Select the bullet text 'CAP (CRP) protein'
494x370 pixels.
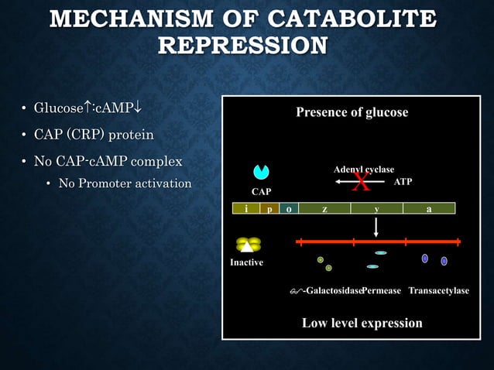[93, 135]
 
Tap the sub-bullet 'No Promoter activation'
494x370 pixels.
[125, 183]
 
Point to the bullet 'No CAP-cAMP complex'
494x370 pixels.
[108, 162]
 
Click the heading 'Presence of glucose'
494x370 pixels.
[352, 112]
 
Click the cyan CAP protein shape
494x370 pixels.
[260, 171]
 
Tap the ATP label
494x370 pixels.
[403, 181]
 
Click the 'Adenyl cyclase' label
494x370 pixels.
[363, 169]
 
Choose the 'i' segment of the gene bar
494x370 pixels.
[246, 208]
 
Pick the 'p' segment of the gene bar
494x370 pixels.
[268, 208]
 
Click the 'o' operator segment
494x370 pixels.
[288, 208]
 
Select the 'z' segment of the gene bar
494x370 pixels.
[324, 208]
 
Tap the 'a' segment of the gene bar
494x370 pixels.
[428, 208]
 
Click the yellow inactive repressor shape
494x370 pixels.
[248, 245]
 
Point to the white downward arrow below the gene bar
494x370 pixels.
[376, 225]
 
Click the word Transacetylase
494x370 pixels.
[438, 290]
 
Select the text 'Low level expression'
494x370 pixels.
[362, 323]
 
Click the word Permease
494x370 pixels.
[382, 290]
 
